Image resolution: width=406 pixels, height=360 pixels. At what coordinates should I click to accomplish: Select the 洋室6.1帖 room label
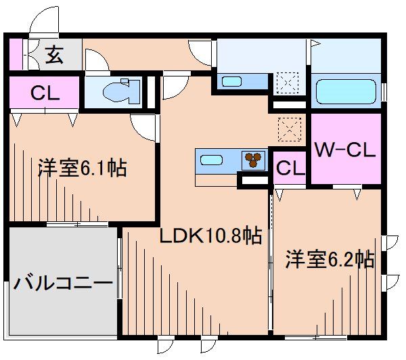pyautogui.click(x=81, y=168)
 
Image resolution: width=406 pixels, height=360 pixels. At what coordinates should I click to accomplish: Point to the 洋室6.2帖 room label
pyautogui.click(x=330, y=259)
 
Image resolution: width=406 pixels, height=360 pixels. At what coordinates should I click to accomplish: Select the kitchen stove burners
pyautogui.click(x=254, y=160)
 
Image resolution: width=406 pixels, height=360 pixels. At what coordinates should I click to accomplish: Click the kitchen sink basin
pyautogui.click(x=211, y=161)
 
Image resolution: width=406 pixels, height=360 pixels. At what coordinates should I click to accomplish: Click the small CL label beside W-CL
pyautogui.click(x=289, y=167)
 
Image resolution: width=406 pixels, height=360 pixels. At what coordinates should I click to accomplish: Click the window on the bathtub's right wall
pyautogui.click(x=384, y=91)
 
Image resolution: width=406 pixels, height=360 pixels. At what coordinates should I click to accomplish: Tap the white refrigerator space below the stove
pyautogui.click(x=254, y=181)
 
